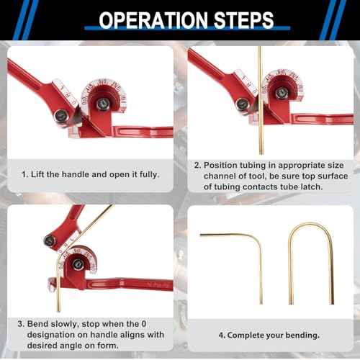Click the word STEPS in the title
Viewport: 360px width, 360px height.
238,19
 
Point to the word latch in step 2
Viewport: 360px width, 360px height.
316,186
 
